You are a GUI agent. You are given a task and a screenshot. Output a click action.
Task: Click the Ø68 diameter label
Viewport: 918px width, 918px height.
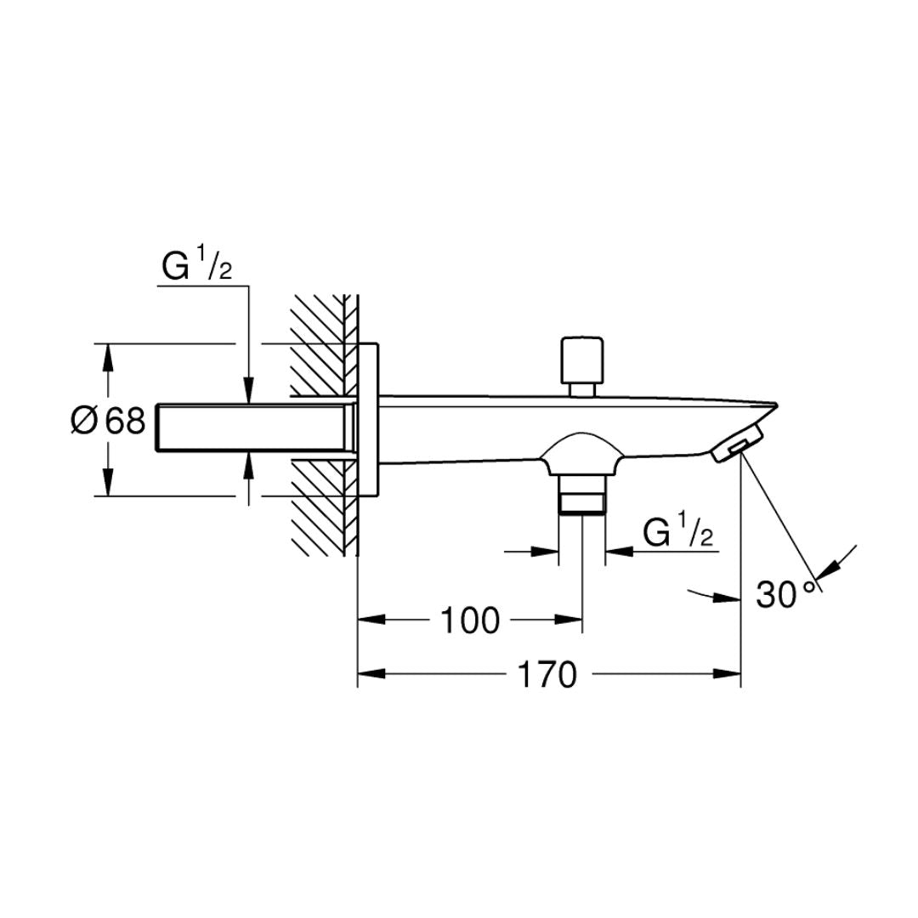pos(108,421)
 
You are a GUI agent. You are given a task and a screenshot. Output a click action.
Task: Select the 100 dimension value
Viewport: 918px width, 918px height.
pos(470,620)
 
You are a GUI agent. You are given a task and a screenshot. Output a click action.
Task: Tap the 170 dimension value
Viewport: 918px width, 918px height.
pos(547,675)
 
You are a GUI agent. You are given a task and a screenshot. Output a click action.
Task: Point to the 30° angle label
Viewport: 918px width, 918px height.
pos(785,594)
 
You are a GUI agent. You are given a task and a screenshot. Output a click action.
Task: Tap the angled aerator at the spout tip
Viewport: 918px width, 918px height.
pos(738,443)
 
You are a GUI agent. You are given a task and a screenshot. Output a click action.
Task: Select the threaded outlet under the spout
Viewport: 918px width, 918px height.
pos(582,495)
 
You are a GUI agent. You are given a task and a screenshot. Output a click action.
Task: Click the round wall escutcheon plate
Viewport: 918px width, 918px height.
pos(368,420)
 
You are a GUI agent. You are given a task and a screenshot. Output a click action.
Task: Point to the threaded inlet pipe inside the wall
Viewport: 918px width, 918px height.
pos(255,427)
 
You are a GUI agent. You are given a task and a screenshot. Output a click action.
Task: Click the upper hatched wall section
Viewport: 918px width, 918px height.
pos(323,345)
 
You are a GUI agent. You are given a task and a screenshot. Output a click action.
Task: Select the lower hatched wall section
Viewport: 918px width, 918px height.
pos(323,507)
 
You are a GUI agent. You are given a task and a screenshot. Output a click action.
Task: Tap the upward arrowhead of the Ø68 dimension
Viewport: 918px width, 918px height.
pos(107,358)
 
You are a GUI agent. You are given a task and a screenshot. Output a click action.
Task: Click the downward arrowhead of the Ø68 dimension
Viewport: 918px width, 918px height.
pos(107,482)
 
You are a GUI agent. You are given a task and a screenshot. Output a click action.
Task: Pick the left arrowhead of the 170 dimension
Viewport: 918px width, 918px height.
pos(371,674)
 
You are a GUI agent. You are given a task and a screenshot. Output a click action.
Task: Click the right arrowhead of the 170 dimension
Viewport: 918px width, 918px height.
pos(727,674)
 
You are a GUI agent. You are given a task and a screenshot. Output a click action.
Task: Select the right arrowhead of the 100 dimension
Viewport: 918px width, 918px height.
pos(568,620)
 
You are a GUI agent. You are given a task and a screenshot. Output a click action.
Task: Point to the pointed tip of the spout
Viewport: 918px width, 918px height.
pos(776,405)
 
